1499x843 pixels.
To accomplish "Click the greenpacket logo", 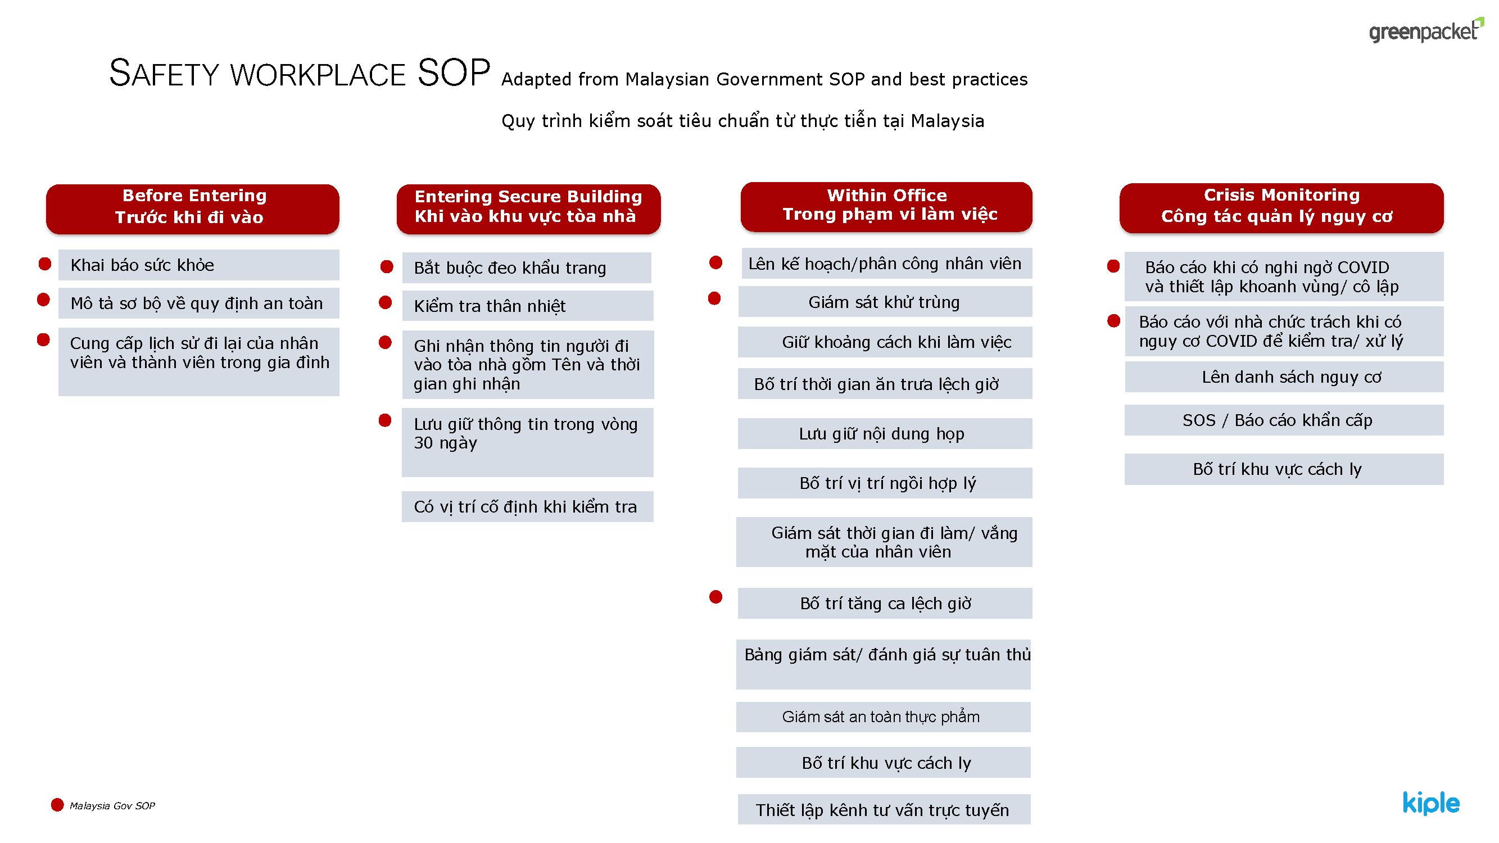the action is [1426, 30].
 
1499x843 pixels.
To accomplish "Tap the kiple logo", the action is [1431, 803].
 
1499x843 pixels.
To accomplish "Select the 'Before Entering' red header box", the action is [193, 210].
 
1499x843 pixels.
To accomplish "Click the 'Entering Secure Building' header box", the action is [528, 210].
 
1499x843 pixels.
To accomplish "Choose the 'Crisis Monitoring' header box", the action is [1281, 209].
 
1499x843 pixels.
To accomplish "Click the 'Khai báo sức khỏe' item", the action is [198, 265].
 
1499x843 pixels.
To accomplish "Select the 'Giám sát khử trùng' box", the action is [885, 302].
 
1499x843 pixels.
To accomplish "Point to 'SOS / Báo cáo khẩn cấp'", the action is [1284, 420].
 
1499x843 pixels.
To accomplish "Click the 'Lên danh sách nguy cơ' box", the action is [1284, 377].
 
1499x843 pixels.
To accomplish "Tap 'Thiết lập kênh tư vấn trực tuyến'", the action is [884, 809].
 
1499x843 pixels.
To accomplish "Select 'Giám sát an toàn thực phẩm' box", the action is [884, 717].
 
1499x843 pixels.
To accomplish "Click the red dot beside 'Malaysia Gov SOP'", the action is [57, 805].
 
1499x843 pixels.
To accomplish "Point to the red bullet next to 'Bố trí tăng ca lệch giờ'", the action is [715, 597].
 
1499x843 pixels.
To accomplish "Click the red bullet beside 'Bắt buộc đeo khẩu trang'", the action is [386, 266].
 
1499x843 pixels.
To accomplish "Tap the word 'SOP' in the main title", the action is [454, 73].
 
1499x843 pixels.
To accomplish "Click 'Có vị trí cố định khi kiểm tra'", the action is [528, 507].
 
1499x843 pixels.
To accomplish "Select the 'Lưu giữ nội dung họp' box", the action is [885, 433].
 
